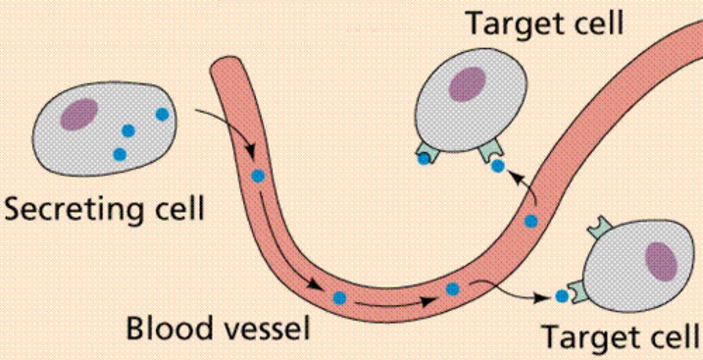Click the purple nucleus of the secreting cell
(79, 114)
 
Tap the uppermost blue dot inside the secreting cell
(162, 114)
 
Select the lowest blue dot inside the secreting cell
(120, 154)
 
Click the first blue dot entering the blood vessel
(258, 176)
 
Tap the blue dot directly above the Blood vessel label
(339, 297)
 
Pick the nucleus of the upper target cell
(467, 85)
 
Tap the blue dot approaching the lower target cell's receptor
(562, 296)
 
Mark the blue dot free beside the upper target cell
(497, 166)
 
